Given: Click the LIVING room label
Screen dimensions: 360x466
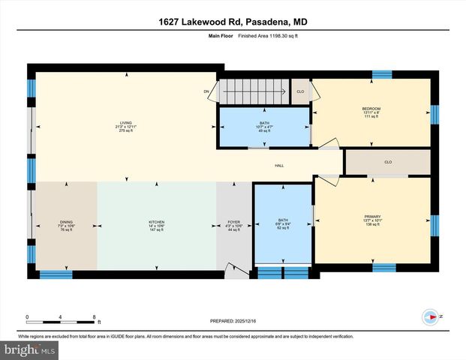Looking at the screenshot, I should [x=125, y=124].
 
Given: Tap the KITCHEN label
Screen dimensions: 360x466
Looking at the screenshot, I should [x=155, y=223].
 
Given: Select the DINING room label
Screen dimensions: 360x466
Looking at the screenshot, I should [x=67, y=223].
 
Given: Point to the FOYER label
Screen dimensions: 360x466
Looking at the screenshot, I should [x=235, y=223].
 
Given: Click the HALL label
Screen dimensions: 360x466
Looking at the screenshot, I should [x=278, y=166].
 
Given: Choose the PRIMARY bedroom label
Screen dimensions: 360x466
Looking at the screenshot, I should [x=373, y=217].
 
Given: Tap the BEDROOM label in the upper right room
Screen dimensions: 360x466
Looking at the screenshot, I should [x=371, y=109].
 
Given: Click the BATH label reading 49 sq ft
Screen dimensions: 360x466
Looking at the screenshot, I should [x=264, y=123].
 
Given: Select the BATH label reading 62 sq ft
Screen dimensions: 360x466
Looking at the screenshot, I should [x=282, y=222].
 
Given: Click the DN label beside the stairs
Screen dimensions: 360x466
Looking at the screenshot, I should [x=206, y=92].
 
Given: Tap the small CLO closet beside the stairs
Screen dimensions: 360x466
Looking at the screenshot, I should [x=300, y=91].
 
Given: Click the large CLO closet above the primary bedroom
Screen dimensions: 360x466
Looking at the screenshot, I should [x=388, y=162].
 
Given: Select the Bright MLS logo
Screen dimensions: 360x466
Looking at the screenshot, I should [x=30, y=349].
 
